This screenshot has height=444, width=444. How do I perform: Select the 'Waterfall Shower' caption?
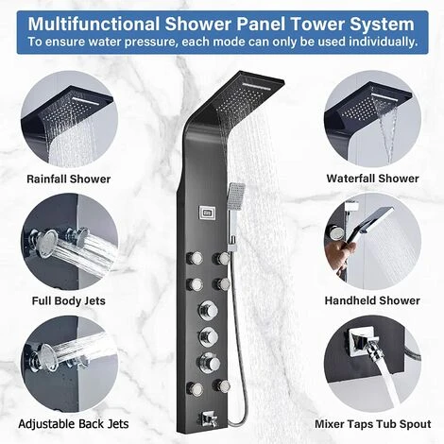pyautogui.click(x=372, y=179)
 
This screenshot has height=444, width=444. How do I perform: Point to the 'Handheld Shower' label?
pyautogui.click(x=372, y=300)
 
